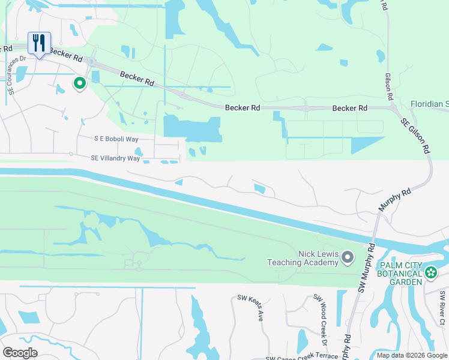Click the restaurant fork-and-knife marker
click(39, 44)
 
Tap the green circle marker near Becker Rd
click(79, 83)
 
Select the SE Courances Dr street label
click(17, 75)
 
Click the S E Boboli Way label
click(116, 139)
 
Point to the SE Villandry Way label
click(115, 158)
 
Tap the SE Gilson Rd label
click(416, 133)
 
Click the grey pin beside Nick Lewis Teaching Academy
click(348, 258)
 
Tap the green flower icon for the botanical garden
click(431, 274)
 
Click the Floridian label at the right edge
click(429, 104)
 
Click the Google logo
click(20, 353)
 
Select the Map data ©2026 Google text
click(411, 355)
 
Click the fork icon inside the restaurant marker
click(36, 42)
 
